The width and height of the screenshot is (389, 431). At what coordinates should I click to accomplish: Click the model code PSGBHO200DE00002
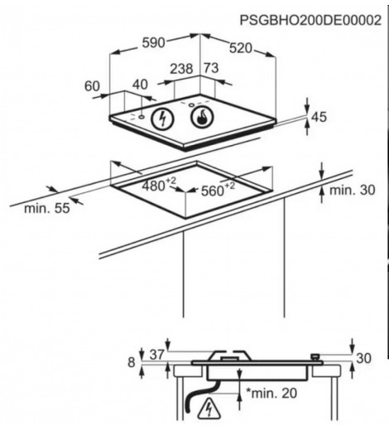310,20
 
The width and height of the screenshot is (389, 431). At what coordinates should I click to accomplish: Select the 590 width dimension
153,42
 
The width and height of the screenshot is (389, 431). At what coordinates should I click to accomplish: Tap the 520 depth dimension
241,48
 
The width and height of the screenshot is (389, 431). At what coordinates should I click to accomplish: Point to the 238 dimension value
181,69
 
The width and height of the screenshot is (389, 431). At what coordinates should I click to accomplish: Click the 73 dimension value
211,68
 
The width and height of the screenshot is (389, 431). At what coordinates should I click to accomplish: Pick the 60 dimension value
92,86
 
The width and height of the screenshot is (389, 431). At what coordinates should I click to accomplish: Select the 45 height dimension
319,117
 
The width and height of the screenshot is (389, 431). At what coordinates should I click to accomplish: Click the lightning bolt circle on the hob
163,119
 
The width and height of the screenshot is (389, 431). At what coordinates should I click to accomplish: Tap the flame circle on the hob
202,118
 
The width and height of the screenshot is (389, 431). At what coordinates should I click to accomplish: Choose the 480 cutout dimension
159,185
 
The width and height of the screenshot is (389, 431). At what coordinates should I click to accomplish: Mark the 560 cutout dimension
218,189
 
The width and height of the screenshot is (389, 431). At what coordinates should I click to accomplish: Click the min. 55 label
47,208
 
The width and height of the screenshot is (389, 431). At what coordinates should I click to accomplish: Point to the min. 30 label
353,190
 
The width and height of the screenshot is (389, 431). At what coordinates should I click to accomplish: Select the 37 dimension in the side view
157,355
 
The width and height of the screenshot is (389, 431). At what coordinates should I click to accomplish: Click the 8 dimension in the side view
132,362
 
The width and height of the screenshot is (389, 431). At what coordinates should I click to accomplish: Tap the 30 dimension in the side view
363,358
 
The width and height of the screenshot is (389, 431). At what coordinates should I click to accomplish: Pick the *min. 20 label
271,393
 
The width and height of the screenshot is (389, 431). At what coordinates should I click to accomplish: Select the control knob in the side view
315,356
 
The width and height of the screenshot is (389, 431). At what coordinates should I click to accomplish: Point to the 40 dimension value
140,85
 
